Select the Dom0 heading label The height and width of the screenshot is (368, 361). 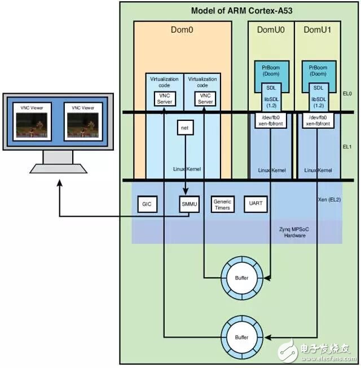point(182,30)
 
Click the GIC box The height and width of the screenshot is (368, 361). point(147,204)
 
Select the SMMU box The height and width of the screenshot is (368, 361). point(187,204)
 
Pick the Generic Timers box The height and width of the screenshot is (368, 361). point(221,204)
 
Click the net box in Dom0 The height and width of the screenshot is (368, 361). point(184,128)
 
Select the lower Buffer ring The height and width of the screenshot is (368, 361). point(241,337)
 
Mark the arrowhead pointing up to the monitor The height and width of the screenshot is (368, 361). point(59,184)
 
